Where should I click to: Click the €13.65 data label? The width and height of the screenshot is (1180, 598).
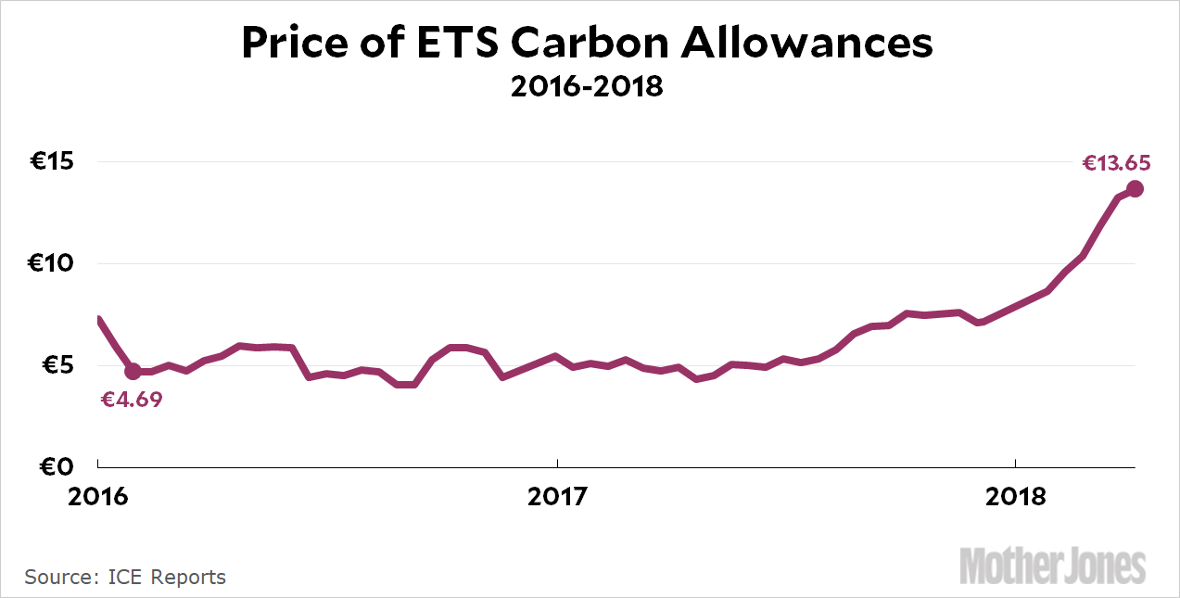click(x=1116, y=164)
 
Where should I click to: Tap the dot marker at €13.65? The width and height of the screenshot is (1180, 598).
click(x=1135, y=189)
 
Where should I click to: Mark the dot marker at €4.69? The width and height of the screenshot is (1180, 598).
click(x=133, y=371)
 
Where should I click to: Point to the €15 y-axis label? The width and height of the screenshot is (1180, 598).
click(x=52, y=162)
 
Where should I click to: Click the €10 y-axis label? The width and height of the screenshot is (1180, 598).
click(x=52, y=264)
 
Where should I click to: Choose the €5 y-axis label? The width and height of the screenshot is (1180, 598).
click(x=57, y=365)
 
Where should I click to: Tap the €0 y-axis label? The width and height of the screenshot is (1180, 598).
click(x=57, y=466)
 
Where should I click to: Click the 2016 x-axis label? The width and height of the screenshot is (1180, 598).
click(x=98, y=497)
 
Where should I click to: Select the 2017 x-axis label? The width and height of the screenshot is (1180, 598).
click(x=556, y=497)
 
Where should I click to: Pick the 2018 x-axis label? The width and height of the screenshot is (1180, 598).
click(x=1015, y=497)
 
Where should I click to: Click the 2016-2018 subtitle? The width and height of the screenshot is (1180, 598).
click(x=587, y=87)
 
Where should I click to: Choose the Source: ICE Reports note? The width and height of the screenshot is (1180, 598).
click(x=125, y=577)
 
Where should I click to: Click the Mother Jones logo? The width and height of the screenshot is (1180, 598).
click(x=1052, y=565)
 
